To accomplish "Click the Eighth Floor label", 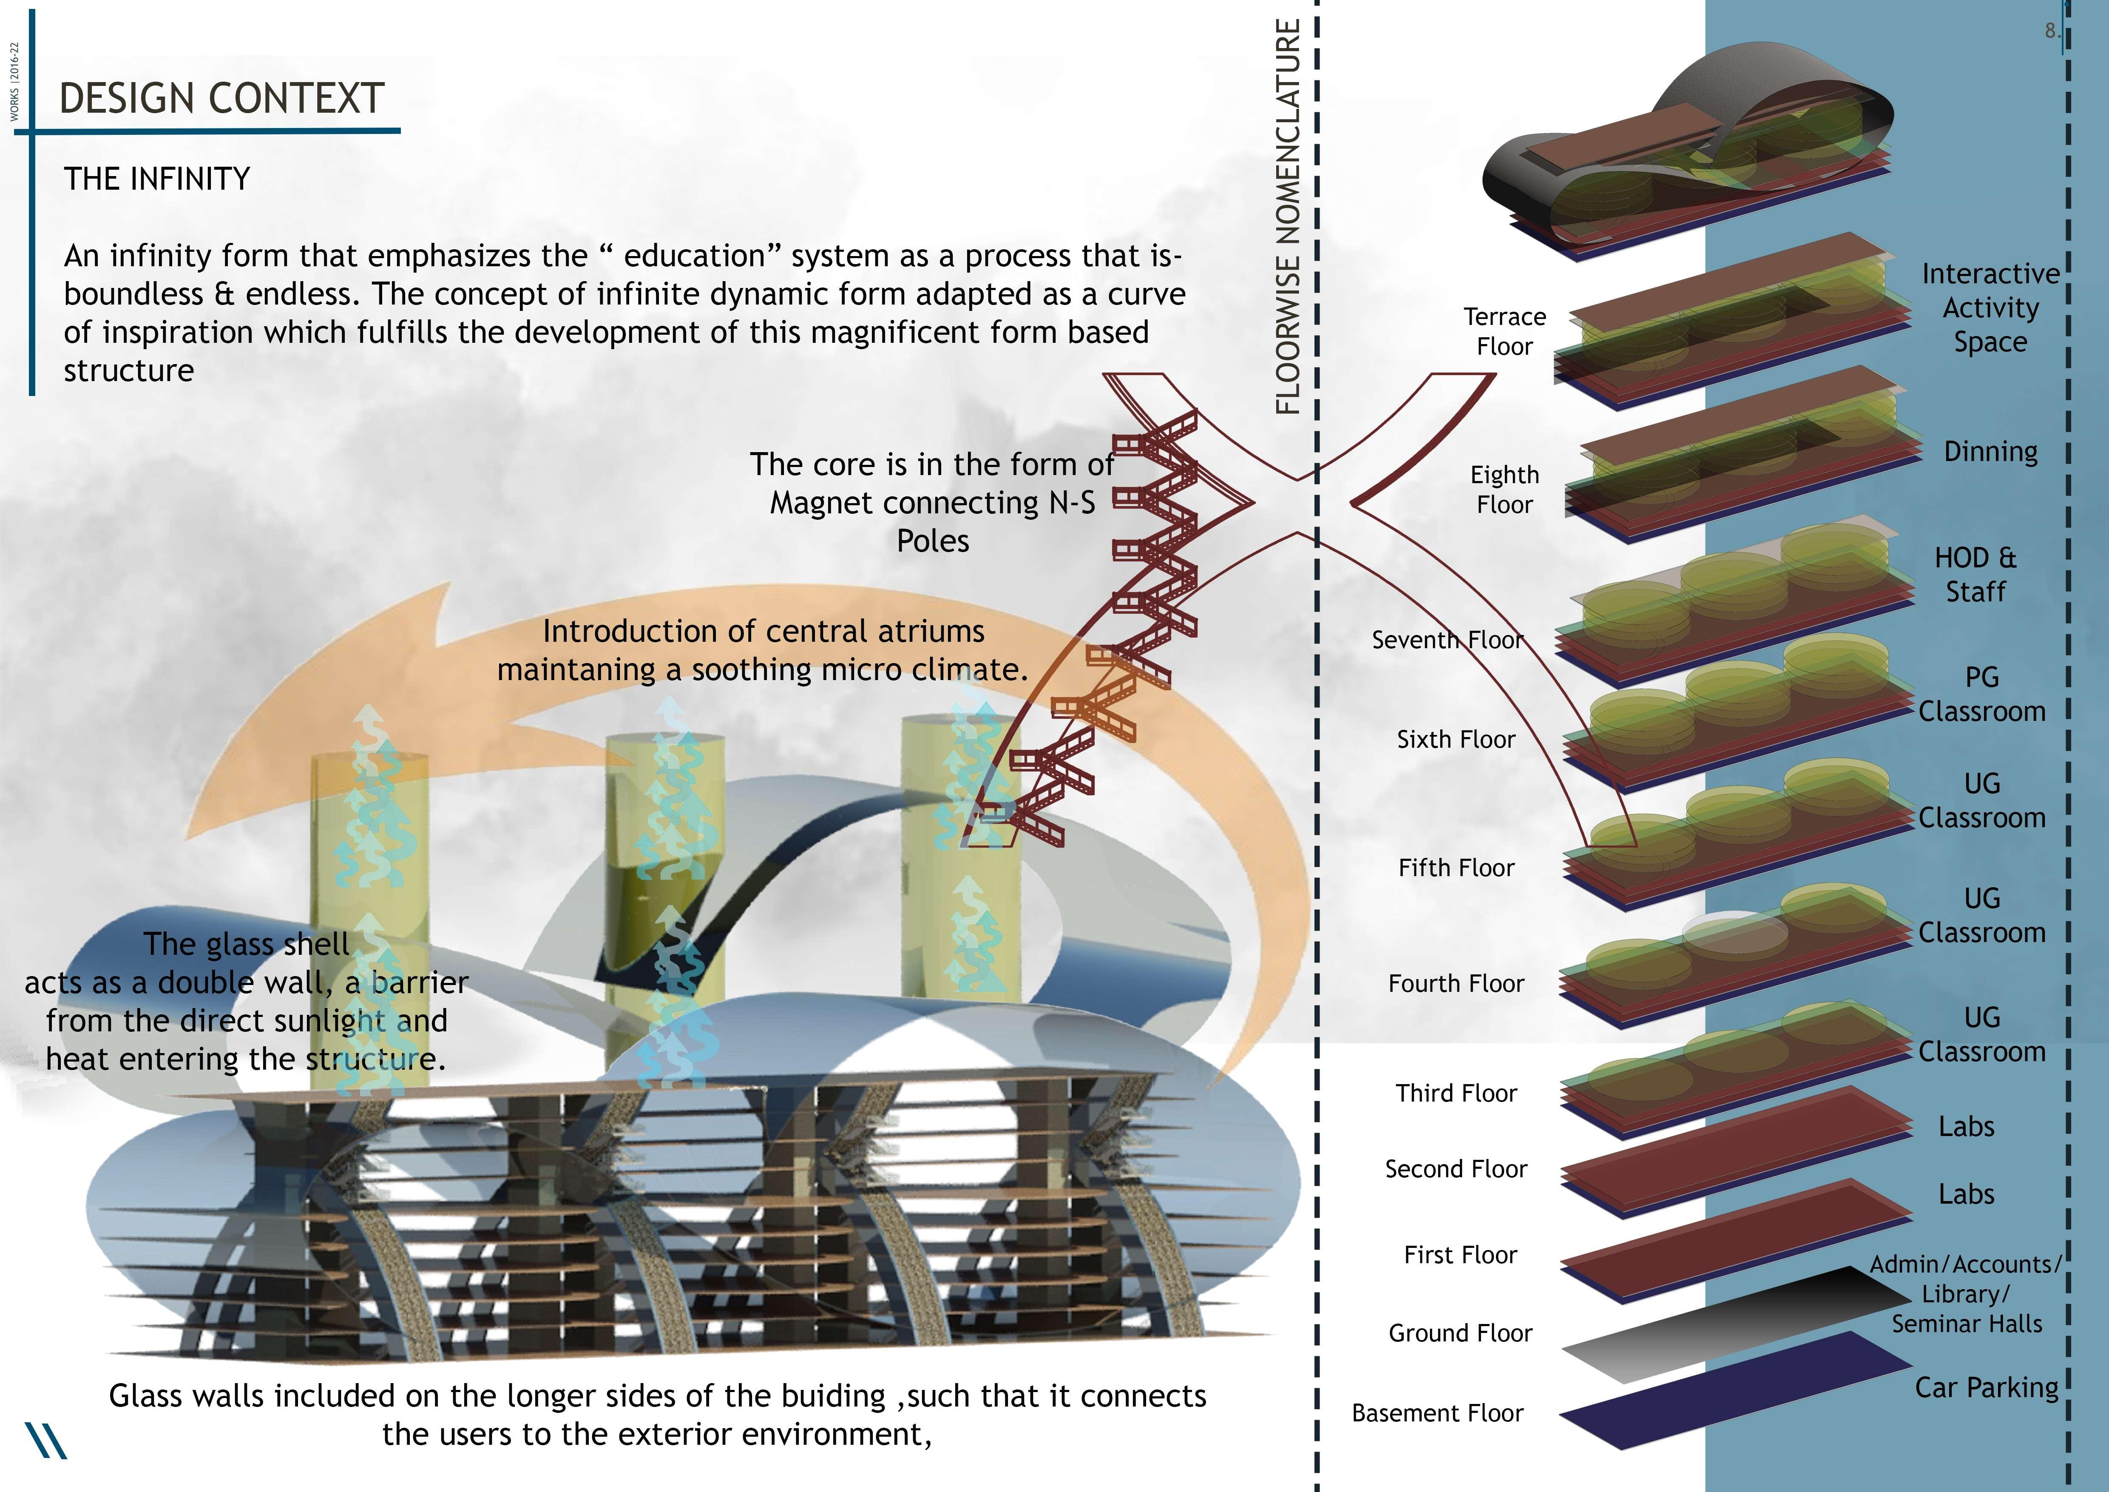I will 1504,490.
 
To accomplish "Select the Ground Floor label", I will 1459,1333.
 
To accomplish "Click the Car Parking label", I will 1986,1387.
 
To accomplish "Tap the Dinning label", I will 1990,451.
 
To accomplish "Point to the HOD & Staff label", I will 1975,574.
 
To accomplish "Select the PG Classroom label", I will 1981,694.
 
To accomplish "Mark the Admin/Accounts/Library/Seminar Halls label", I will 1966,1293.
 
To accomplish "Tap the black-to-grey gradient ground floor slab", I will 1727,1323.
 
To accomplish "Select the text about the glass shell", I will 246,1002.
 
